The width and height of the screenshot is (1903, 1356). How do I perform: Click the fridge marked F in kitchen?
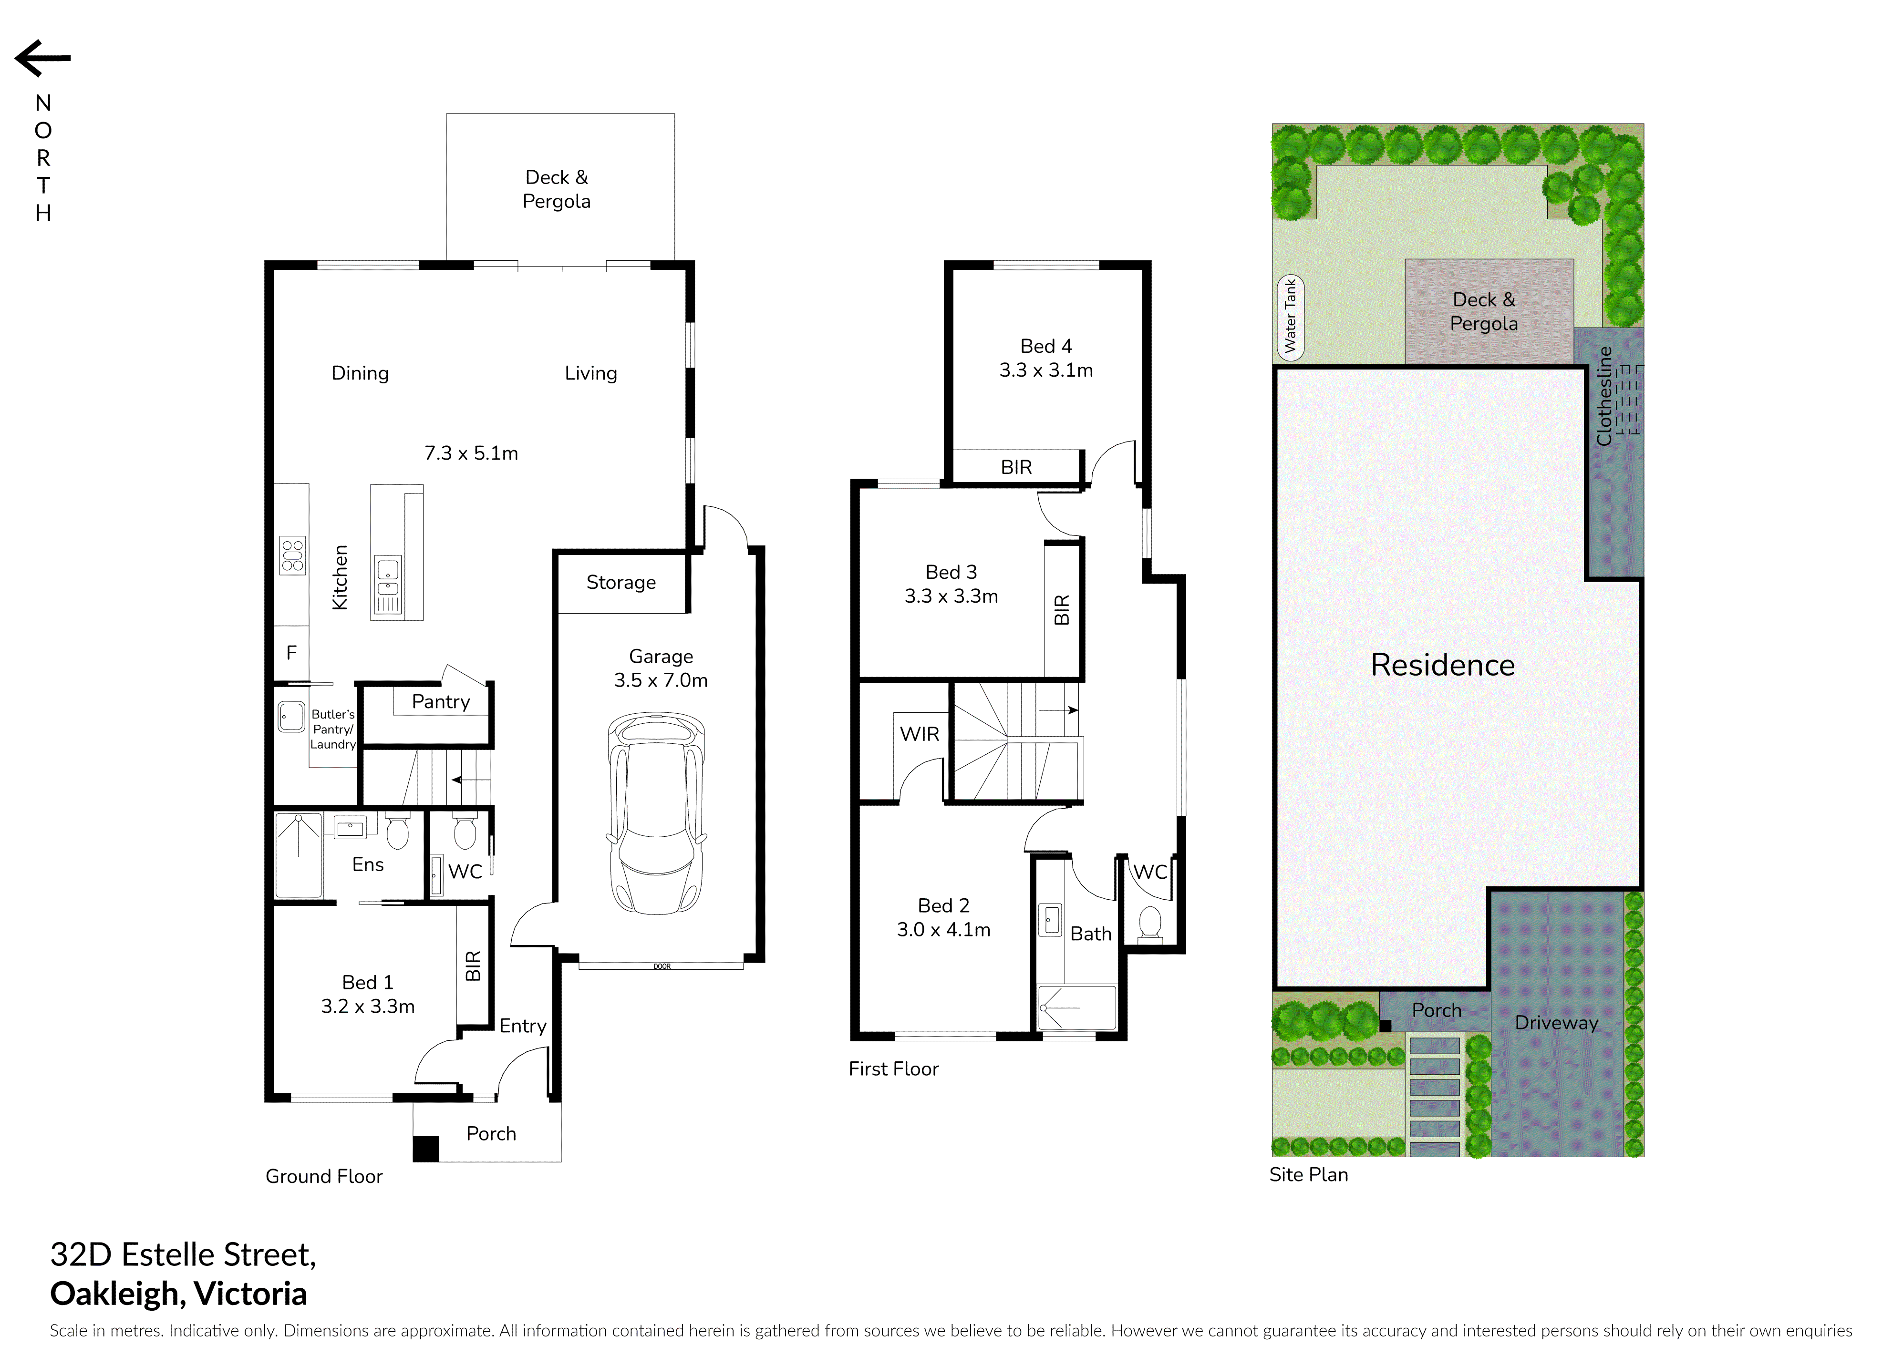pos(291,653)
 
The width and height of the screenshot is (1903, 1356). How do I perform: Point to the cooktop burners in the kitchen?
pos(292,555)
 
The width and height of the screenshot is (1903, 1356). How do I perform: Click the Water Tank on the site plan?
pos(1290,317)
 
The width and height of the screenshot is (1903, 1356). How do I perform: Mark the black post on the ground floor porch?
pos(426,1149)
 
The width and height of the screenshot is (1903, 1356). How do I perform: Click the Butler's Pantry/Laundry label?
pos(333,729)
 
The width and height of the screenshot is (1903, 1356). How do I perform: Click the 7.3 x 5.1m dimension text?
pos(471,453)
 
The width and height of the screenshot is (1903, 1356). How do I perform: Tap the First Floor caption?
pos(893,1069)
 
